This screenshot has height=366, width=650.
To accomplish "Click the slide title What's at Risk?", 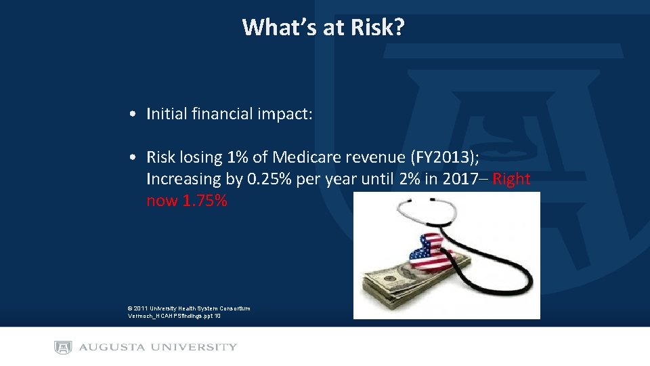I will point(324,27).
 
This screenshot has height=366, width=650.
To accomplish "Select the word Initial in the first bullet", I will point(166,114).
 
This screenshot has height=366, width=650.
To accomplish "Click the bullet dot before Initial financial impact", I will point(136,115).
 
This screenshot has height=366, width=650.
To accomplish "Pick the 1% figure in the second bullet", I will point(238,157).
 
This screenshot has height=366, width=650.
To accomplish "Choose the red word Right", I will point(511,179).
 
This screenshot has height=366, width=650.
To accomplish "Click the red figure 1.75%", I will point(204,201).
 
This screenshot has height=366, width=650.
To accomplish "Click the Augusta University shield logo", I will point(63,347).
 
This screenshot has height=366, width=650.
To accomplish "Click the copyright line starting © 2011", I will point(189,308).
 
